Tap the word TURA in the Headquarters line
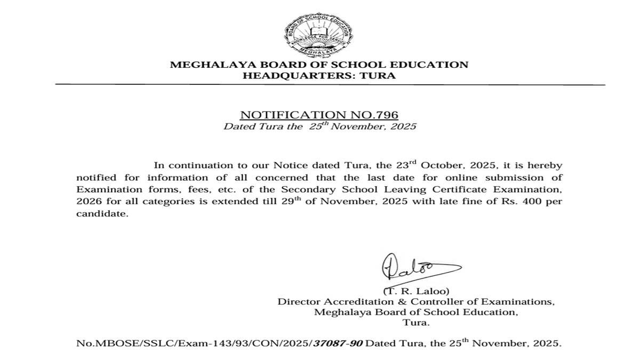point(380,75)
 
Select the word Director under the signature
point(297,302)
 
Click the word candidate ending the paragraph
point(102,214)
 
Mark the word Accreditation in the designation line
point(352,302)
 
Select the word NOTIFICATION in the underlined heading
point(288,115)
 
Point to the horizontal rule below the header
point(330,85)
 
